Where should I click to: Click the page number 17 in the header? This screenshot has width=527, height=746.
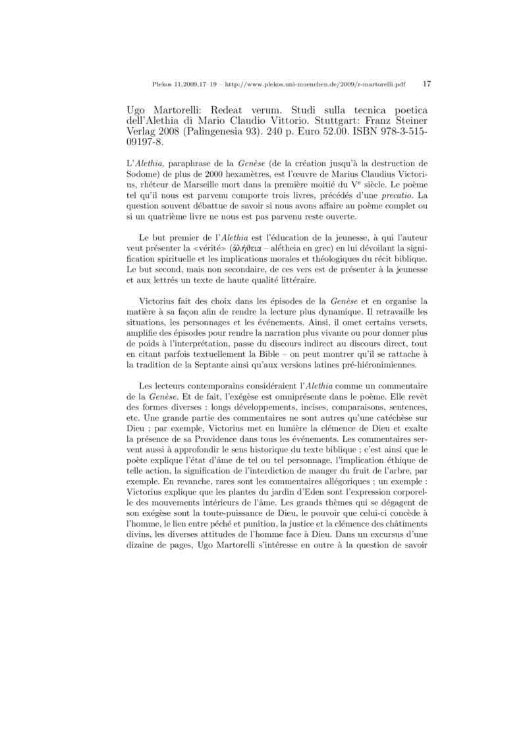(427, 84)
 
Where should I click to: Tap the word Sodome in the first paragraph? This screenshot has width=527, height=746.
(144, 173)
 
